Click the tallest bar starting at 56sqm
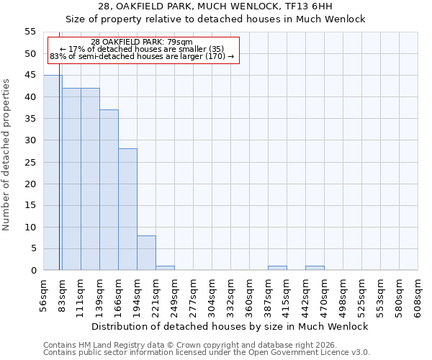[x=53, y=173]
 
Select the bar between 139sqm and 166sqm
[x=109, y=190]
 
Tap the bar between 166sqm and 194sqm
[x=127, y=210]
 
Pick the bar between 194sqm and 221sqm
[x=146, y=253]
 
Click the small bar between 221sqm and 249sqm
[x=165, y=268]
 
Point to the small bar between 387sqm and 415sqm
[x=277, y=268]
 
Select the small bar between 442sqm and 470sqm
[x=315, y=268]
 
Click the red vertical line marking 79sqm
[x=59, y=144]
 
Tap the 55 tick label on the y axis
[x=30, y=32]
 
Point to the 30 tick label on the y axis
[x=30, y=140]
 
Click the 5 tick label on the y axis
[x=33, y=248]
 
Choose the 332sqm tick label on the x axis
[x=231, y=295]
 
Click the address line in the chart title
[x=215, y=6]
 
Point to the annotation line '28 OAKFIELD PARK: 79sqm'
[x=142, y=42]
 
